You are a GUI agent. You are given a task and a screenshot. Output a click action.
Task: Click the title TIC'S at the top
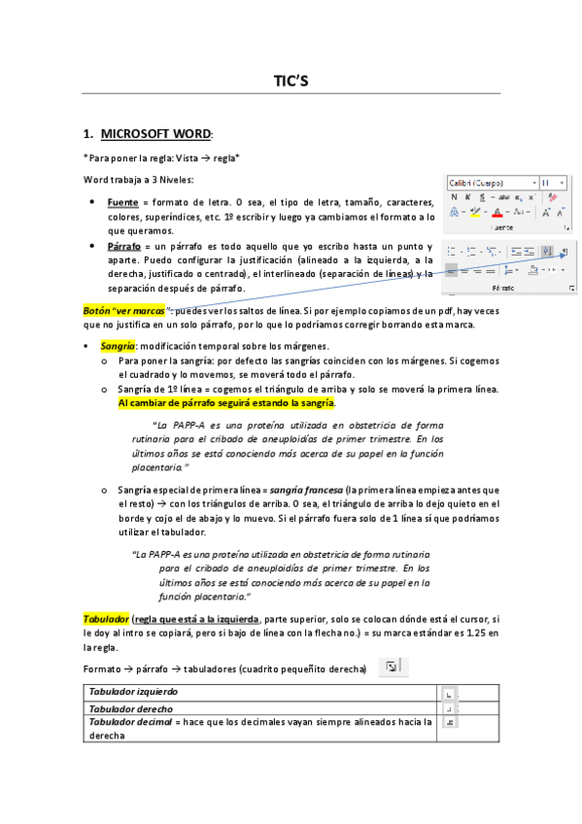pyautogui.click(x=291, y=82)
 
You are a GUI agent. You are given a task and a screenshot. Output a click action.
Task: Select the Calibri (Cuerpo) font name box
pyautogui.click(x=490, y=182)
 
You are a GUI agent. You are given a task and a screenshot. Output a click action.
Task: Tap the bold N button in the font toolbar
pyautogui.click(x=454, y=196)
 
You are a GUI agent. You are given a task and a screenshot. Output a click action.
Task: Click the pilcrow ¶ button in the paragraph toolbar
pyautogui.click(x=565, y=252)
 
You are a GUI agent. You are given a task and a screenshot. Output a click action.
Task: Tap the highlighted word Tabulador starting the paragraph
pyautogui.click(x=107, y=618)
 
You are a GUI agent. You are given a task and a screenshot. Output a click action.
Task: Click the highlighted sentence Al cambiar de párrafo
pyautogui.click(x=226, y=401)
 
